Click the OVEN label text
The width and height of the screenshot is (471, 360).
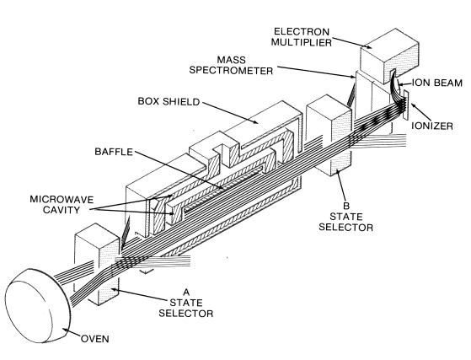click(95, 339)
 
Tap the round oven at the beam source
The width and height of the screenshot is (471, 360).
click(39, 306)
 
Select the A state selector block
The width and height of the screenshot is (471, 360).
click(97, 265)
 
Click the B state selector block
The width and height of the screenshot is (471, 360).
click(329, 135)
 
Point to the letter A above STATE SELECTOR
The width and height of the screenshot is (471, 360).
click(186, 292)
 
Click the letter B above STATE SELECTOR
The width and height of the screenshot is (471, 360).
click(346, 206)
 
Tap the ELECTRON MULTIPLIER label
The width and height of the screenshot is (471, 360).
click(302, 36)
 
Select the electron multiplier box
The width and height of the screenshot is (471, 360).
click(389, 56)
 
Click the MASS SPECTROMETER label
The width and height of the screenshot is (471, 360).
click(231, 65)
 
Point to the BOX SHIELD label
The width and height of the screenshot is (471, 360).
click(169, 101)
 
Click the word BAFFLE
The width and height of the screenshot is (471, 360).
click(114, 152)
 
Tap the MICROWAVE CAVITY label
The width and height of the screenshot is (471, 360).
click(62, 204)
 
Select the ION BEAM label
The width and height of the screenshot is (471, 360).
click(436, 83)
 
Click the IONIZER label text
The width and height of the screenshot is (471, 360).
click(432, 126)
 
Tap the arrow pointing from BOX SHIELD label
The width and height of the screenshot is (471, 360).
click(230, 113)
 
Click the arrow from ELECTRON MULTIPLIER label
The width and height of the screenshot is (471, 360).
click(351, 43)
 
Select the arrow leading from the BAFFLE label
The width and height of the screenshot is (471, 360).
click(179, 170)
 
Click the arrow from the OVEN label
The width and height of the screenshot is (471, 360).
click(72, 333)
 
